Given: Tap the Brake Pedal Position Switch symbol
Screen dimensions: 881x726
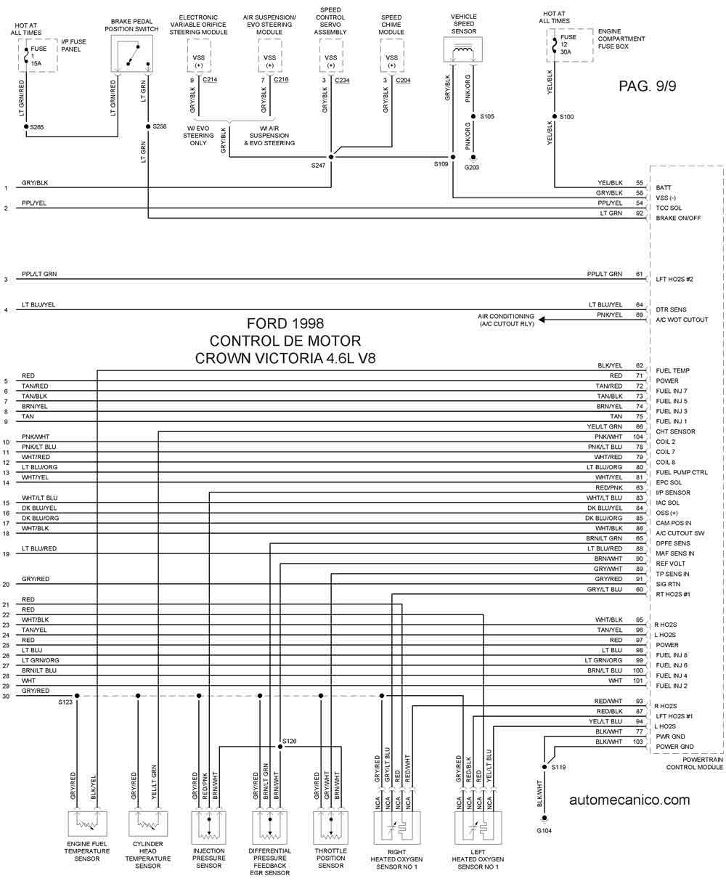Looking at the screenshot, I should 132,54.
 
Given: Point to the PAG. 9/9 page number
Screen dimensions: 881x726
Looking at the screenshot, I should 648,86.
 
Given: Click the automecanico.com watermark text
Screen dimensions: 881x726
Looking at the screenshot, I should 629,800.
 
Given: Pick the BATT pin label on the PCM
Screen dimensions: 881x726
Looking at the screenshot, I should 664,187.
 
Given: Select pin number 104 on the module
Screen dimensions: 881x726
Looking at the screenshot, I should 638,437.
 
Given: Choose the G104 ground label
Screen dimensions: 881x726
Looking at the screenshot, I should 544,831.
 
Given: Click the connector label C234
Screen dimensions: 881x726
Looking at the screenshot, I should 342,80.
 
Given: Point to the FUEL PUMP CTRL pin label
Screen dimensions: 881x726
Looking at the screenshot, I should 682,472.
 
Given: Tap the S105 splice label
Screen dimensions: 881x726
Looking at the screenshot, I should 486,116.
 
